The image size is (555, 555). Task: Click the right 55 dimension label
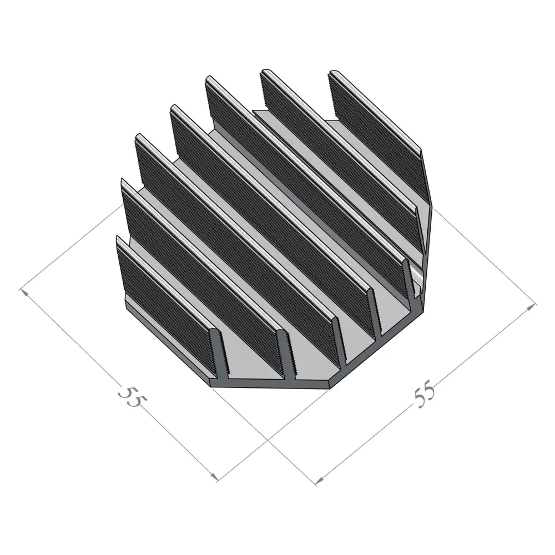tap(425, 394)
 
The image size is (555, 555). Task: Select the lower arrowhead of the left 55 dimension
tap(214, 476)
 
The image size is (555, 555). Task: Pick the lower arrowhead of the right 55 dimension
tap(319, 480)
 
